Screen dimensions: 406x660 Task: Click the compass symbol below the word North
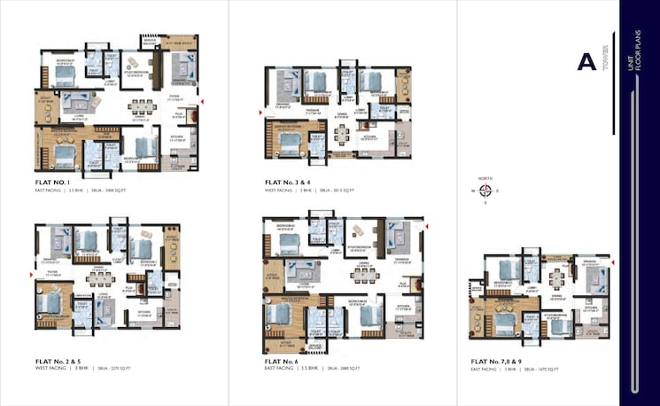click(x=485, y=189)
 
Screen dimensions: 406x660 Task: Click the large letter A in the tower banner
click(x=586, y=61)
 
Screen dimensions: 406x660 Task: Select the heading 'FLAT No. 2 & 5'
click(x=63, y=362)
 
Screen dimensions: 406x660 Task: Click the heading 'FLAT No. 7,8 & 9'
click(x=506, y=362)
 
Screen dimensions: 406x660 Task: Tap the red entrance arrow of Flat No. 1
click(x=203, y=104)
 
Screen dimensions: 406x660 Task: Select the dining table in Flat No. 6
click(x=360, y=274)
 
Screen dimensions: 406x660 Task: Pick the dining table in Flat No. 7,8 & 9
click(x=556, y=277)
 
